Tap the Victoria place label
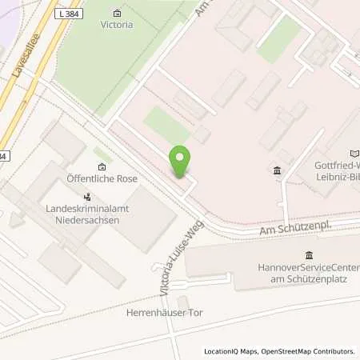pyautogui.click(x=118, y=24)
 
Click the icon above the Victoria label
pyautogui.click(x=118, y=13)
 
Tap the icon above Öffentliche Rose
pyautogui.click(x=102, y=166)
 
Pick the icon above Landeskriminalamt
pyautogui.click(x=88, y=196)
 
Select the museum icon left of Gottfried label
pyautogui.click(x=278, y=170)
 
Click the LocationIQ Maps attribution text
pyautogui.click(x=231, y=351)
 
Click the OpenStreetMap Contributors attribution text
pyautogui.click(x=308, y=351)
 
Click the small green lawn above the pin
pyautogui.click(x=165, y=125)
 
